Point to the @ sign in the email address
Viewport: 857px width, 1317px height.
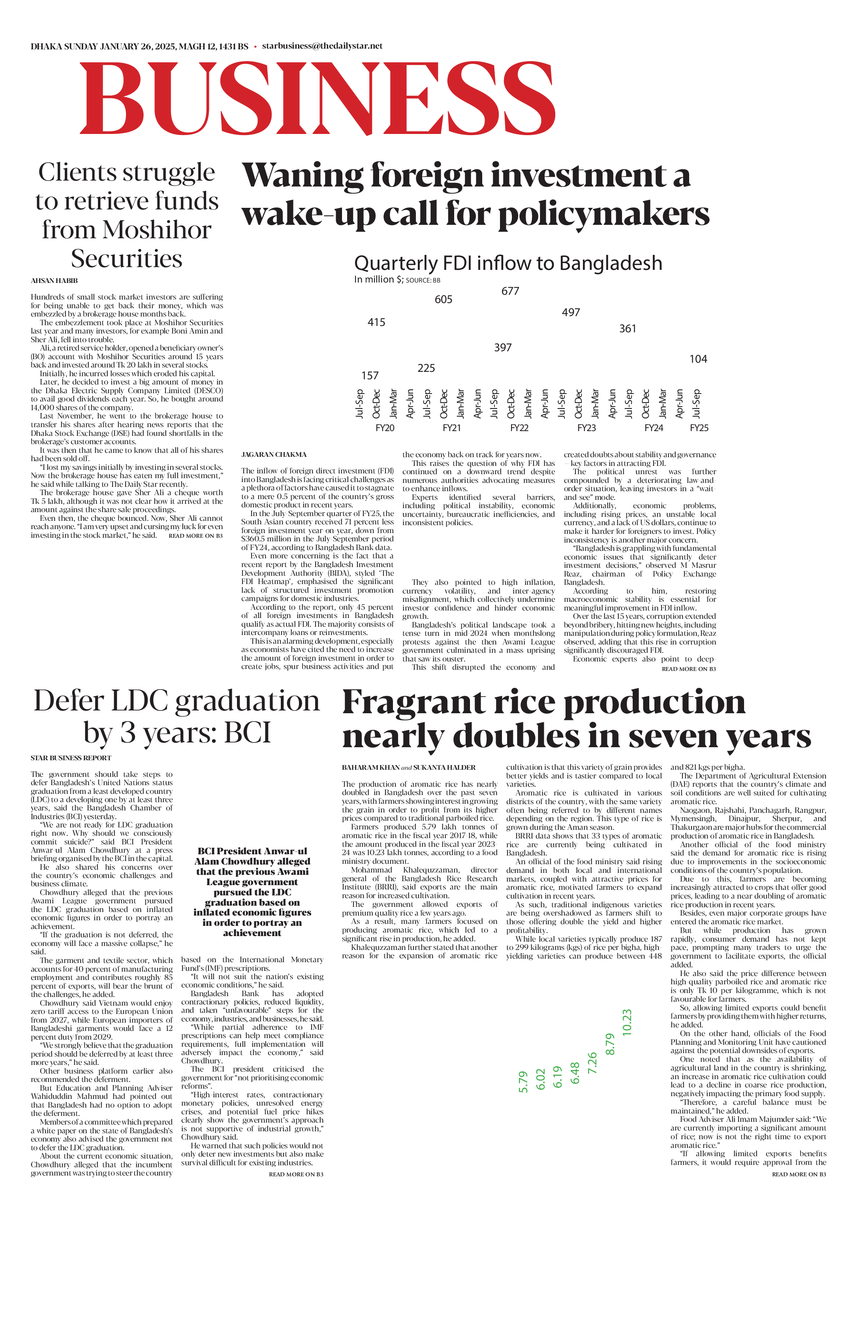pos(315,46)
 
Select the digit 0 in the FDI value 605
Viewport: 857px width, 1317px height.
pos(444,300)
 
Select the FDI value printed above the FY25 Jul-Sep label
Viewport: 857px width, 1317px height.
pos(698,359)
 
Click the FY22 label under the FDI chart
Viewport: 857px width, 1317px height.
pos(519,428)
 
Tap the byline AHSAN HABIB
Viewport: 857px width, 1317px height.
pos(54,281)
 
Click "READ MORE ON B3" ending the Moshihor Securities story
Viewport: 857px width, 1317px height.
pos(196,536)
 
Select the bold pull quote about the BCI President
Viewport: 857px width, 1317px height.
pos(252,891)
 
